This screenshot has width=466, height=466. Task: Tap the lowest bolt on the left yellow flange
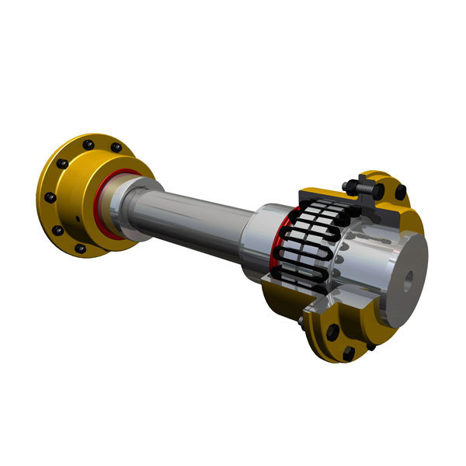pyautogui.click(x=80, y=249)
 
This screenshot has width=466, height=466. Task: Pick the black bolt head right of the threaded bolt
pyautogui.click(x=400, y=191)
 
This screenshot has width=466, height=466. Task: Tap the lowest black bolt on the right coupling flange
pyautogui.click(x=349, y=353)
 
